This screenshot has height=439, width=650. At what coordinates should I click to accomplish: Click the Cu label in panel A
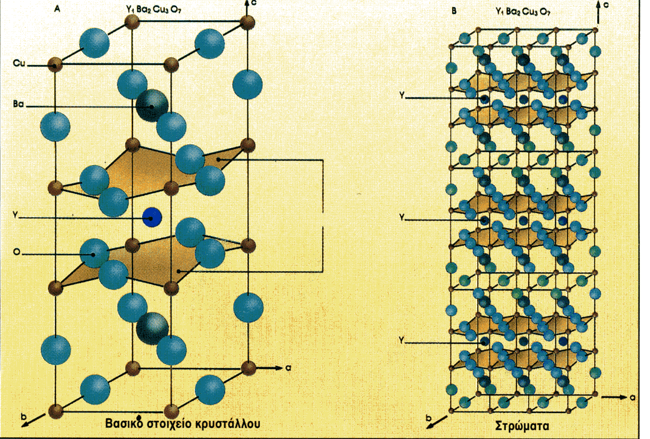click(19, 63)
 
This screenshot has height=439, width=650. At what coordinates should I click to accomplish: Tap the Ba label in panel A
click(18, 104)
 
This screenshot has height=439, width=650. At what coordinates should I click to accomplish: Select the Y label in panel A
click(15, 215)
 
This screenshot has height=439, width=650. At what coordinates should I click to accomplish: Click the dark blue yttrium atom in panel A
click(152, 218)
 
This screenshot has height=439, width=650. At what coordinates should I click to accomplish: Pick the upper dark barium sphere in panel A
click(152, 106)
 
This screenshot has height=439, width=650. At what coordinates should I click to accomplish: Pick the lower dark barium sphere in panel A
click(152, 328)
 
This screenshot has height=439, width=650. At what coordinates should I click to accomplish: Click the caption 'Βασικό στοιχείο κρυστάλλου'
click(182, 423)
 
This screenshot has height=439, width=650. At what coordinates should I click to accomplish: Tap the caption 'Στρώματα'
click(522, 426)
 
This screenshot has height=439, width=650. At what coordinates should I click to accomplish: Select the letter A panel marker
click(57, 9)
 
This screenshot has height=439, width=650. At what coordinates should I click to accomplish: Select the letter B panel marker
click(454, 10)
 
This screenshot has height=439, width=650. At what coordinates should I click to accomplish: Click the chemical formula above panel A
click(153, 10)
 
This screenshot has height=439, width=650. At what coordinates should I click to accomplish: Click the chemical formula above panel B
click(523, 11)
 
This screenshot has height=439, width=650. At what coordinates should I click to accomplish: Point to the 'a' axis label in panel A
click(288, 367)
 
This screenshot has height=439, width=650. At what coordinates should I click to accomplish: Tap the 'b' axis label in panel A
click(24, 416)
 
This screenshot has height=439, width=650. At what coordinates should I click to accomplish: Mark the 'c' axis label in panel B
click(606, 5)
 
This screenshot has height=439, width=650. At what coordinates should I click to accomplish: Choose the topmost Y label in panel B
click(402, 95)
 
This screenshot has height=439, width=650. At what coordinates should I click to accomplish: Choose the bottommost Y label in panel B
click(401, 340)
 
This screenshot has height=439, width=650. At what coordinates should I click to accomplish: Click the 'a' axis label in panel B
click(632, 397)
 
